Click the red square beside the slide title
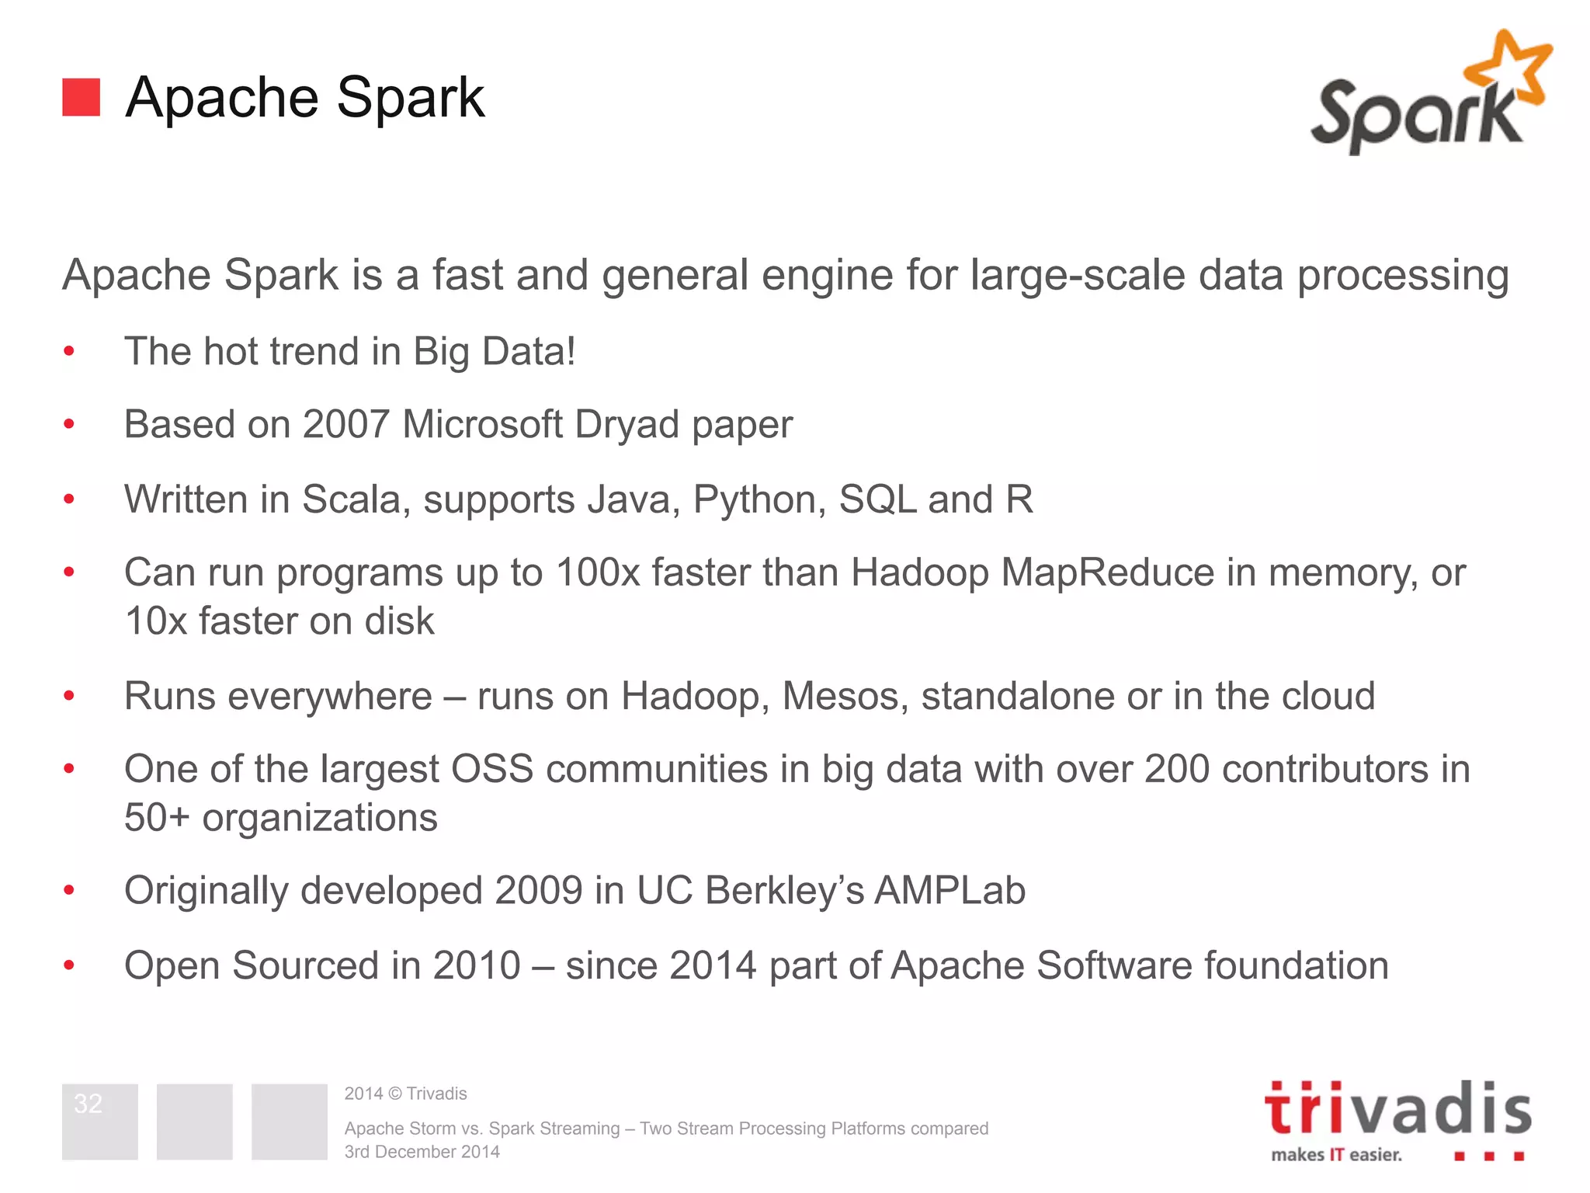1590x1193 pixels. [x=81, y=97]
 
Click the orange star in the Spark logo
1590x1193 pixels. [x=1509, y=68]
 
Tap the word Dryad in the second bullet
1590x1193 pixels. [x=627, y=425]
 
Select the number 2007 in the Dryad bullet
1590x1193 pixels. [x=345, y=425]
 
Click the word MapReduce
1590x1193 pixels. [x=1107, y=572]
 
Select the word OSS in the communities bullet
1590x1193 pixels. [x=492, y=769]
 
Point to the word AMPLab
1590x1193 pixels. [x=949, y=890]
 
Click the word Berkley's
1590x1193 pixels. [x=784, y=890]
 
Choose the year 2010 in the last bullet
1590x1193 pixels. [x=476, y=965]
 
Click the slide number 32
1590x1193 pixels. [x=89, y=1104]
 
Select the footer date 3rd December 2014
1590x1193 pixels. [x=422, y=1152]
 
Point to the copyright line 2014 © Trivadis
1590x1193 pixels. [x=405, y=1094]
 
